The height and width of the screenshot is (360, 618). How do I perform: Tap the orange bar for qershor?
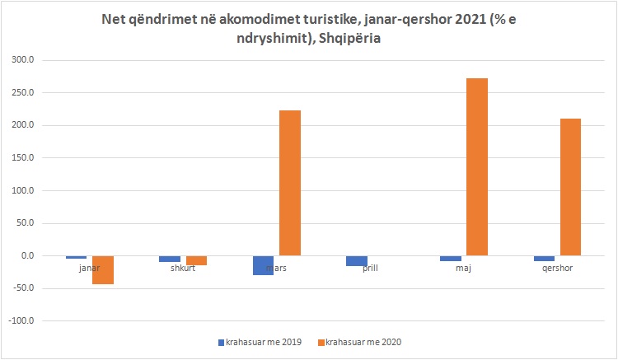pos(570,187)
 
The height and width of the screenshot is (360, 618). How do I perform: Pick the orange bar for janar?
pos(103,270)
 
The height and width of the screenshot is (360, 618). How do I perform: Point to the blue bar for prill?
pos(357,261)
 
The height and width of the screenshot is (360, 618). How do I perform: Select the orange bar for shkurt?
pos(196,260)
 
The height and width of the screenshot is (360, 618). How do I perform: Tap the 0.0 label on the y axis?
pos(39,256)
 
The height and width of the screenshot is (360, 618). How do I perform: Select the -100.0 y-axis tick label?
pos(32,321)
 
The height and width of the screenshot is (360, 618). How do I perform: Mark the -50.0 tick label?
pos(35,288)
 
